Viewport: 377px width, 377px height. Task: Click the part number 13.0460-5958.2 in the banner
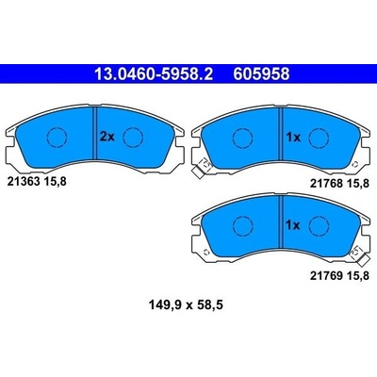point(154,74)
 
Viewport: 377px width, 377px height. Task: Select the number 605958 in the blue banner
point(261,74)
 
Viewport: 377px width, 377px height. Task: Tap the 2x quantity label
point(107,137)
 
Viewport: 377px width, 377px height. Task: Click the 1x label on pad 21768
point(293,137)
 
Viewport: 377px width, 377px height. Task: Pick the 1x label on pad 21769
point(293,225)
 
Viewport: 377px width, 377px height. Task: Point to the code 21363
point(23,181)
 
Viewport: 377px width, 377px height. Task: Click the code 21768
point(326,184)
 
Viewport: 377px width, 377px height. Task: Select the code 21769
point(326,276)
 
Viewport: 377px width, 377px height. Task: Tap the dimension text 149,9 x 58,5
point(186,304)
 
